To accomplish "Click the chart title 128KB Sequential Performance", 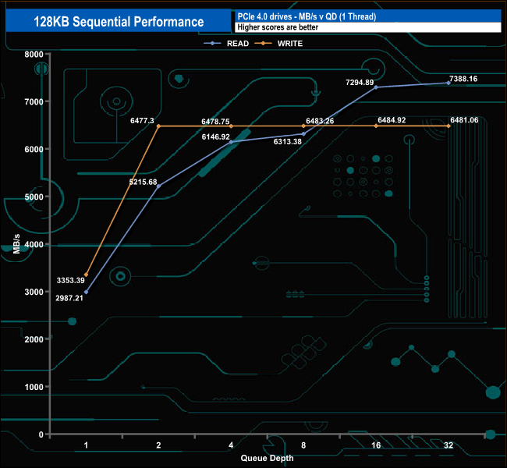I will [x=119, y=22].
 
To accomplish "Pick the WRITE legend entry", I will [x=289, y=44].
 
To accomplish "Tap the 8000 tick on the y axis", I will [x=34, y=54].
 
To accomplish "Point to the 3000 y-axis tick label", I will [x=34, y=292].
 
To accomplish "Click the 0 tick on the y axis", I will [x=41, y=434].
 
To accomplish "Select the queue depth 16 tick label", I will [x=376, y=446].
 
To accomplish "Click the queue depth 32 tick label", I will [x=448, y=446].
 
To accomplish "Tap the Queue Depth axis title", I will [x=267, y=458].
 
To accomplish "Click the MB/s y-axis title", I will [x=16, y=244].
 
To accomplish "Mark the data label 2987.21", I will [x=68, y=298].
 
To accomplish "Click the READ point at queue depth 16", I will [x=376, y=87].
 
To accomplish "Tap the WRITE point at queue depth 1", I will [x=86, y=275].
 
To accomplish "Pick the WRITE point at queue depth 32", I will [x=448, y=126].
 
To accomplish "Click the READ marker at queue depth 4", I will [x=231, y=142].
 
